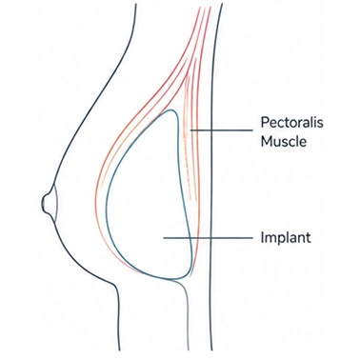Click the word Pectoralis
pos(291,122)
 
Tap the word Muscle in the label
pos(284,141)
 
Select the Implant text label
pos(286,237)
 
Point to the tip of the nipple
pos(43,203)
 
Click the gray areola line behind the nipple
pos(56,203)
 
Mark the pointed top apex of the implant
pos(172,110)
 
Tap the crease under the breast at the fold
pos(113,284)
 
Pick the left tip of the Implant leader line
pos(164,238)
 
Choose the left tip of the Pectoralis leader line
pos(190,130)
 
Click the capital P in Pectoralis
pos(265,122)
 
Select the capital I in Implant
pos(262,237)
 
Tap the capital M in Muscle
pos(266,141)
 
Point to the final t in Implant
pos(309,237)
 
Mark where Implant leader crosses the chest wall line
pos(211,238)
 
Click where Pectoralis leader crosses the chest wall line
pos(211,130)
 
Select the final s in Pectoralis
pos(320,124)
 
